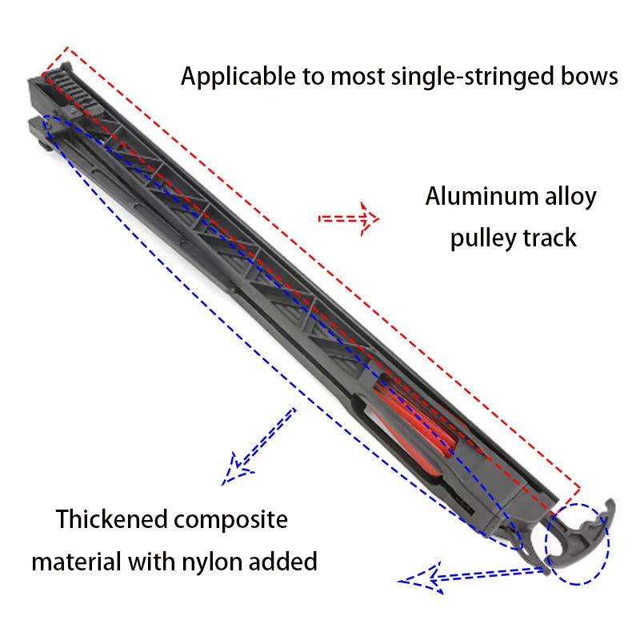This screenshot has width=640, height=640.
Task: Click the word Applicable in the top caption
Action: [238, 77]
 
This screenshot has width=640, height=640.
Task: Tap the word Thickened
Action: [112, 519]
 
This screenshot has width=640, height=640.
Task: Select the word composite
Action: [231, 522]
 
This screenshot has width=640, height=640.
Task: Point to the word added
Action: [283, 562]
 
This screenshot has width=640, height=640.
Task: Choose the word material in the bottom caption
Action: [77, 562]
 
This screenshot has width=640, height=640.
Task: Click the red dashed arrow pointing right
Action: [349, 218]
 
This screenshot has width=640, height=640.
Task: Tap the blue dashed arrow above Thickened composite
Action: [258, 447]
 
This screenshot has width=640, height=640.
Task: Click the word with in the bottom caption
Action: [152, 562]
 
